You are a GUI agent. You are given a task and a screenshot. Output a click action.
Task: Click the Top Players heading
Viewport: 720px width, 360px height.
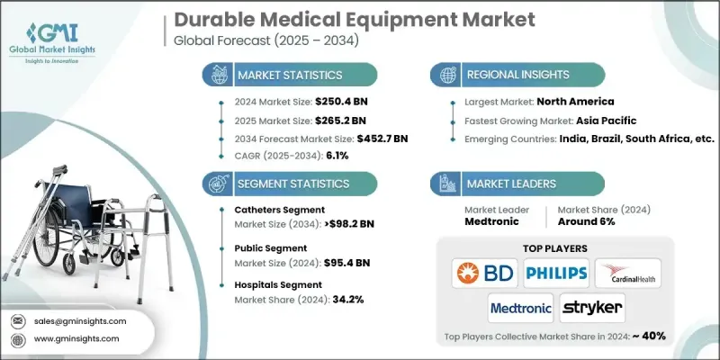coord(556,245)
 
